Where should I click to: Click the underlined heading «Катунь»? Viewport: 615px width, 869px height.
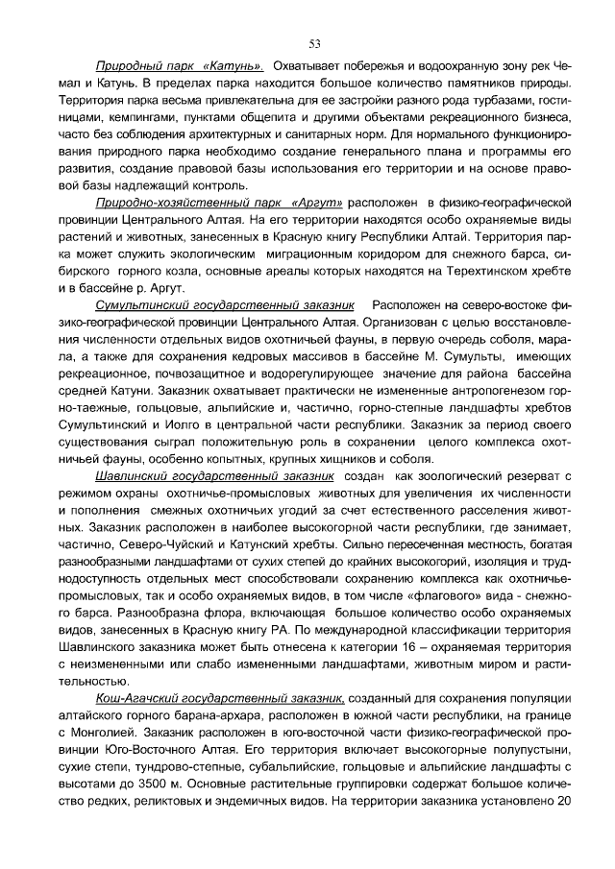click(x=234, y=67)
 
